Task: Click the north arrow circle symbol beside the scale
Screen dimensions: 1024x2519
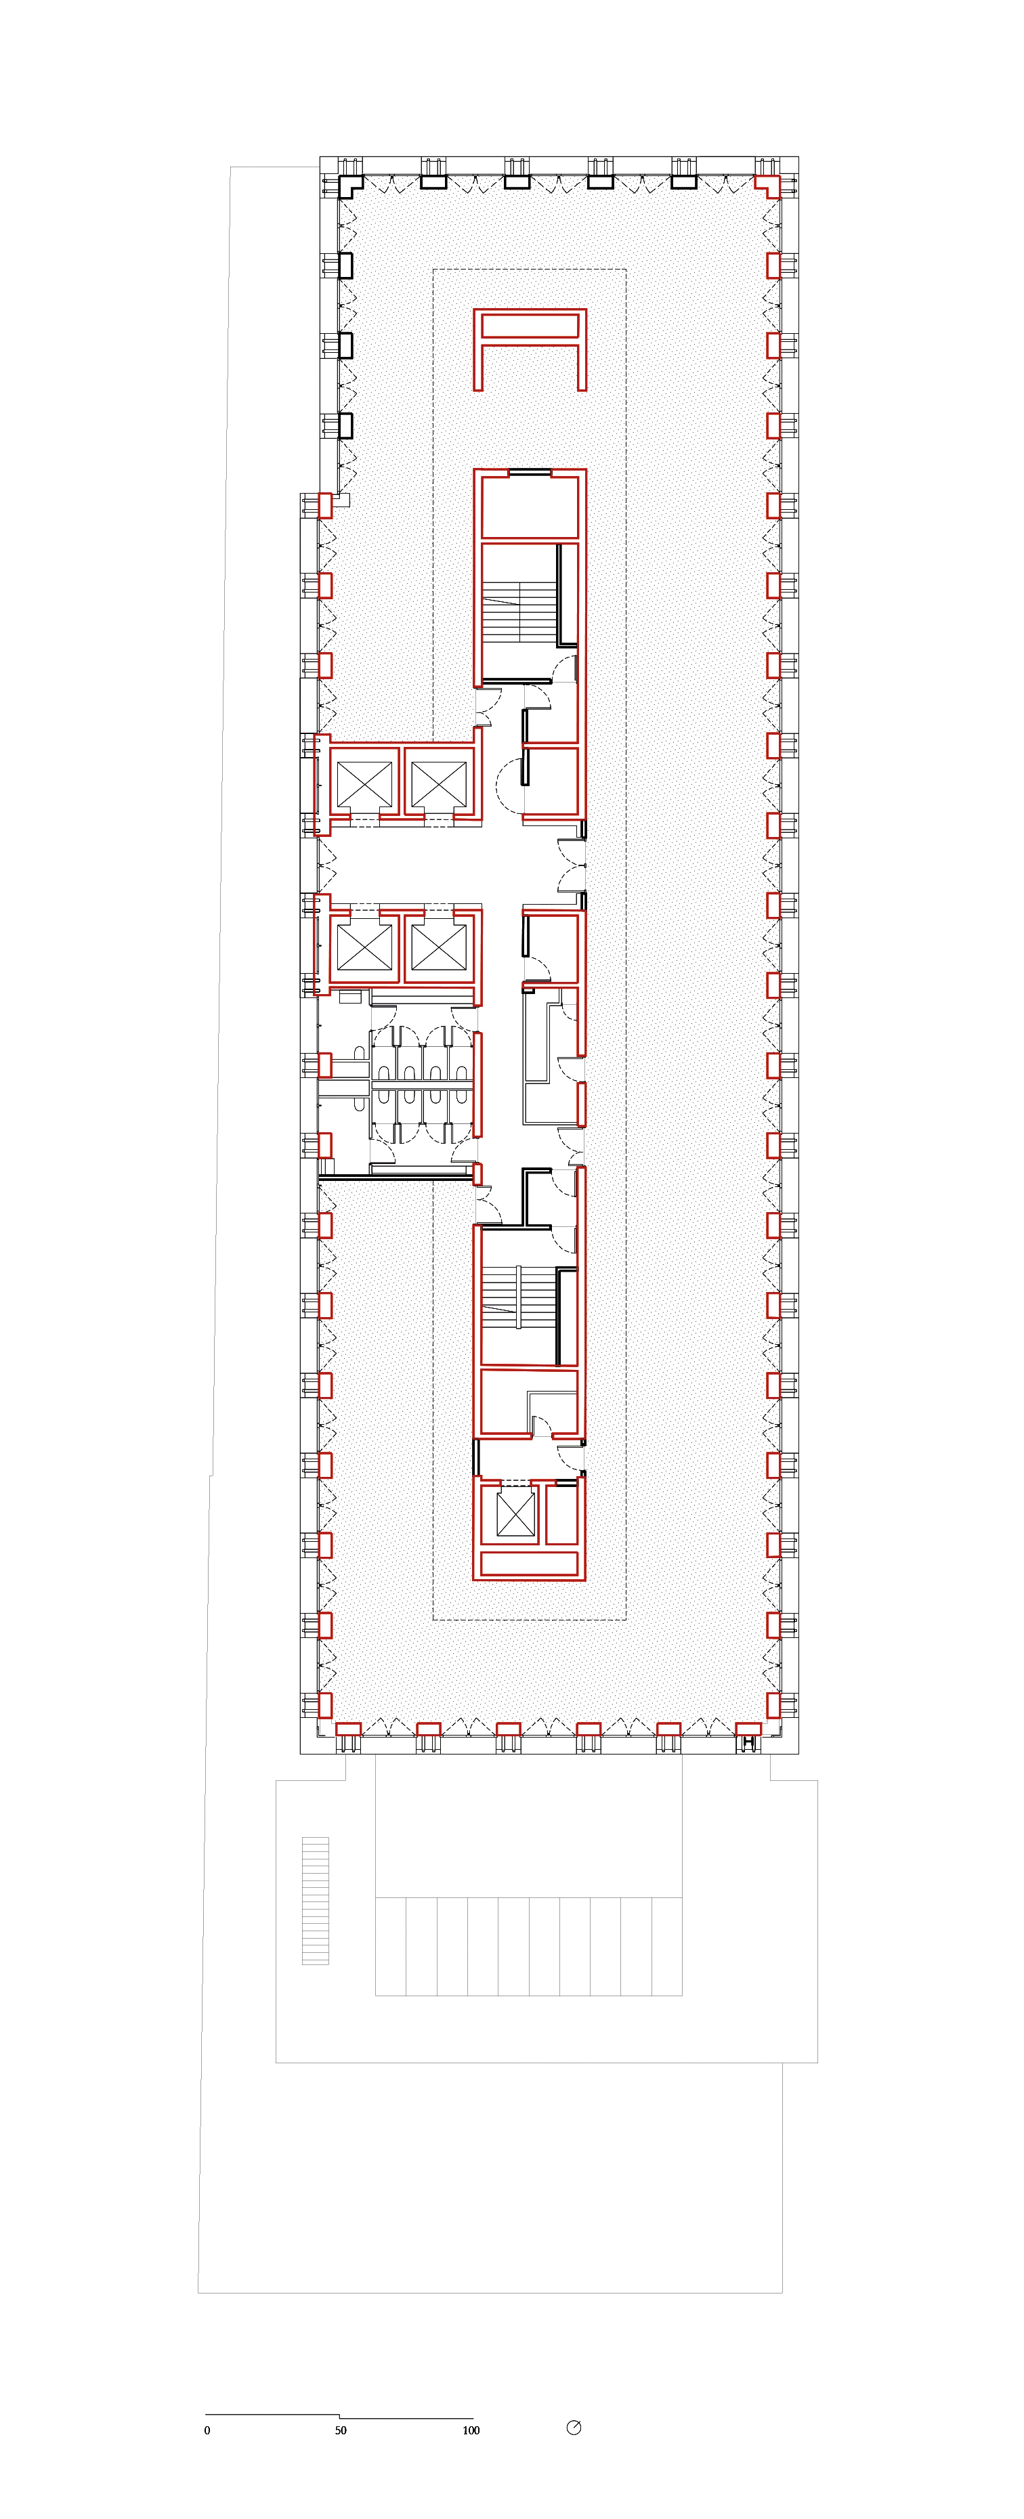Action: pos(574,2427)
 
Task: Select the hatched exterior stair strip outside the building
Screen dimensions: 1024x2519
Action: pos(315,1900)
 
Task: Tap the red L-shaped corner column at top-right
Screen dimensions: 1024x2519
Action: pos(770,185)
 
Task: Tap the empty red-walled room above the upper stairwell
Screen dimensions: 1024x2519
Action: pos(529,504)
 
